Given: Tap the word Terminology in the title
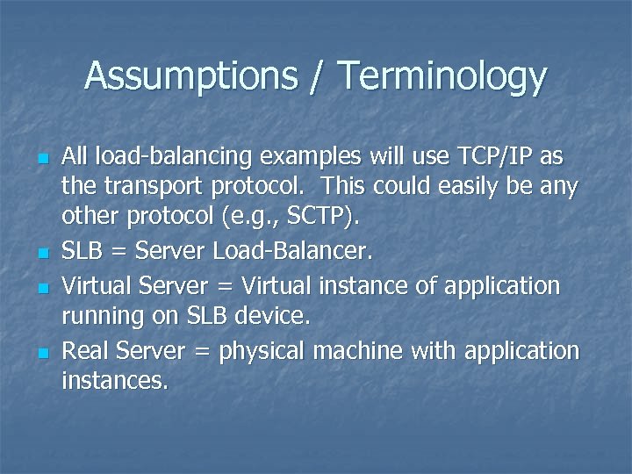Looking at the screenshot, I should point(442,76).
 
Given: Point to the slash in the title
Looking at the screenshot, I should point(314,76).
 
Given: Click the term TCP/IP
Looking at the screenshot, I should point(495,157).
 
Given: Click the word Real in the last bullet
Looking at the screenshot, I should point(85,351).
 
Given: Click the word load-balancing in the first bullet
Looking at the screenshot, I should point(171,157).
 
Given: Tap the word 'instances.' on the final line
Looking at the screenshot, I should point(114,382).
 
